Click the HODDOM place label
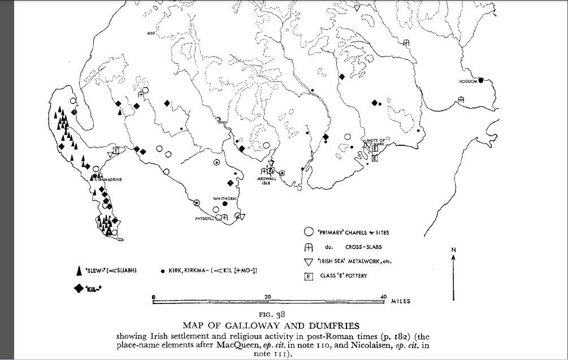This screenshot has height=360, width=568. tap(469, 81)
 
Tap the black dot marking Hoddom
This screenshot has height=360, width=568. tap(481, 80)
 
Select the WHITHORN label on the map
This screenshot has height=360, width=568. tap(223, 198)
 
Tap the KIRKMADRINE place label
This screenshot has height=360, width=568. tap(109, 179)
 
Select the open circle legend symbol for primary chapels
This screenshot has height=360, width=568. tap(308, 232)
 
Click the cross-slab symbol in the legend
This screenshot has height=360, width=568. tap(308, 247)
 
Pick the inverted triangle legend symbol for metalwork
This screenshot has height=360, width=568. tap(308, 262)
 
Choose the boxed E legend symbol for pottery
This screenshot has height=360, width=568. tap(308, 276)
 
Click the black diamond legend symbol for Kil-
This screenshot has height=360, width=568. tap(79, 289)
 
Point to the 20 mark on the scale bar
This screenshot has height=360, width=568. tap(268, 296)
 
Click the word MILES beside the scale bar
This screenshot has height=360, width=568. tap(401, 301)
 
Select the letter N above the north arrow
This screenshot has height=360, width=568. tap(454, 249)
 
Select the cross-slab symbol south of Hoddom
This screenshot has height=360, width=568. tap(461, 100)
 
